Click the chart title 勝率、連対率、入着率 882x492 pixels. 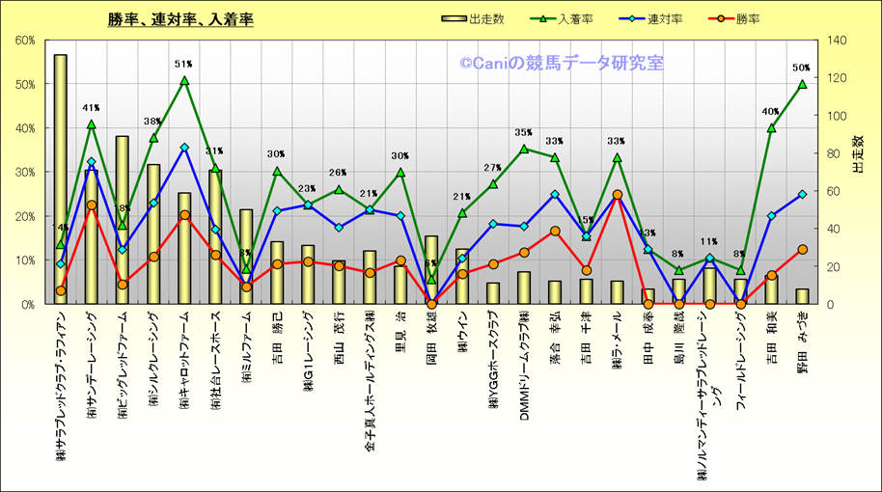(x=180, y=19)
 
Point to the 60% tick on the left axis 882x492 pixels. (x=25, y=41)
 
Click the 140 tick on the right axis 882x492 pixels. (x=832, y=41)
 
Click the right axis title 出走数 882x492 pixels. (x=858, y=154)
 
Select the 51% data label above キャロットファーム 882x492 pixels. (x=183, y=65)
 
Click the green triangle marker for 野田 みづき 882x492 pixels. (x=802, y=84)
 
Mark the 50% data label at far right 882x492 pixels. (x=801, y=68)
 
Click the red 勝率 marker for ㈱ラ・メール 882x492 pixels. (x=617, y=195)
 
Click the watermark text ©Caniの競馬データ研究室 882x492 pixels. (x=561, y=65)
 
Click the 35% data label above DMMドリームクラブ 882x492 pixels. (x=523, y=133)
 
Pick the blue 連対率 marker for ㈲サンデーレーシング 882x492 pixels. (x=92, y=162)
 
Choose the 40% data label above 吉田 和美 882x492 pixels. (x=770, y=112)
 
